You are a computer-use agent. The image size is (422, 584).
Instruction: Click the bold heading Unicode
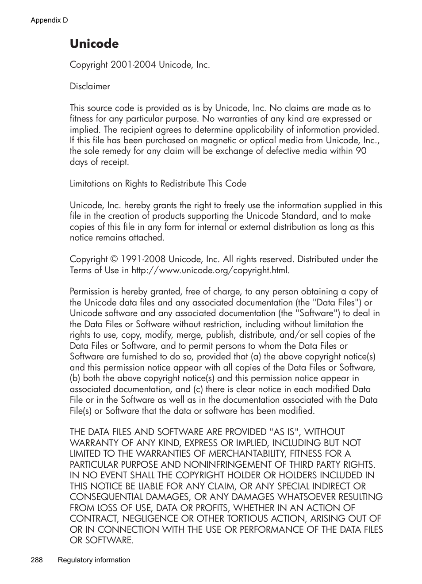click(x=94, y=44)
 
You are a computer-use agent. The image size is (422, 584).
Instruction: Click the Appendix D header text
click(x=49, y=20)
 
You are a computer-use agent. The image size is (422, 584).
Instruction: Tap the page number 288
click(x=37, y=560)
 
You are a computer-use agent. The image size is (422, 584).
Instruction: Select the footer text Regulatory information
click(x=94, y=560)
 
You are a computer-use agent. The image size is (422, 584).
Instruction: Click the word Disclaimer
click(x=90, y=86)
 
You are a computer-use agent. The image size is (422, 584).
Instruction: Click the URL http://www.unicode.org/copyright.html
click(x=210, y=270)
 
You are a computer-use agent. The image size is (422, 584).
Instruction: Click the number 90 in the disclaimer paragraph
click(x=361, y=151)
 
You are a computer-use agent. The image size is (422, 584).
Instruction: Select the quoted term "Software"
click(x=318, y=313)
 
